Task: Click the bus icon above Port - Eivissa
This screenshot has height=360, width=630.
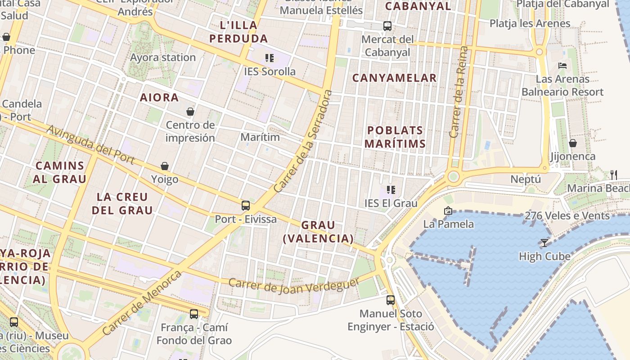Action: coord(246,206)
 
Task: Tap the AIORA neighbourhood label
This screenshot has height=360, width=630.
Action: coord(159,97)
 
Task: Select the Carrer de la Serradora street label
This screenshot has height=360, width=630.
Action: coord(303,141)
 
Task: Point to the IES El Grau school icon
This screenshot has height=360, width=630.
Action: coord(391,190)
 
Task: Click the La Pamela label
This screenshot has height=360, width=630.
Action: coord(449,224)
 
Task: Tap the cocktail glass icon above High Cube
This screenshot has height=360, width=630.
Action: coord(544,243)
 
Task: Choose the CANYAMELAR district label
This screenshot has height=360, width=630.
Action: coord(394,78)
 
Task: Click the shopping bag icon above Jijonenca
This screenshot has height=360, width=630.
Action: coord(573,143)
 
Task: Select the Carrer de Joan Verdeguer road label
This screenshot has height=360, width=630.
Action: coord(294,285)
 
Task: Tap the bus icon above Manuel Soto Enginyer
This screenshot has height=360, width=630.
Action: coord(391,300)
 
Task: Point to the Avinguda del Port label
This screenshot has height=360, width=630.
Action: coord(90,145)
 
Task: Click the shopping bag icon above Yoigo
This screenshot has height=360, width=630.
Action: coord(165,166)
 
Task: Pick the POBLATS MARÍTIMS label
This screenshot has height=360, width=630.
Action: coord(395,137)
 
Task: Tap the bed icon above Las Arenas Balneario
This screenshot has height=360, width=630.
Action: coord(562,66)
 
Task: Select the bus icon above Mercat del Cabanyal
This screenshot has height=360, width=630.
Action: coord(387,26)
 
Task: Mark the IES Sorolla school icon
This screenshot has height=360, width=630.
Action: coord(270,58)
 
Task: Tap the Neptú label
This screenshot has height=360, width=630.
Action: coord(526,179)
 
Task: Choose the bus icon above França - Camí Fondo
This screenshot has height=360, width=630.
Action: coord(194,314)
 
